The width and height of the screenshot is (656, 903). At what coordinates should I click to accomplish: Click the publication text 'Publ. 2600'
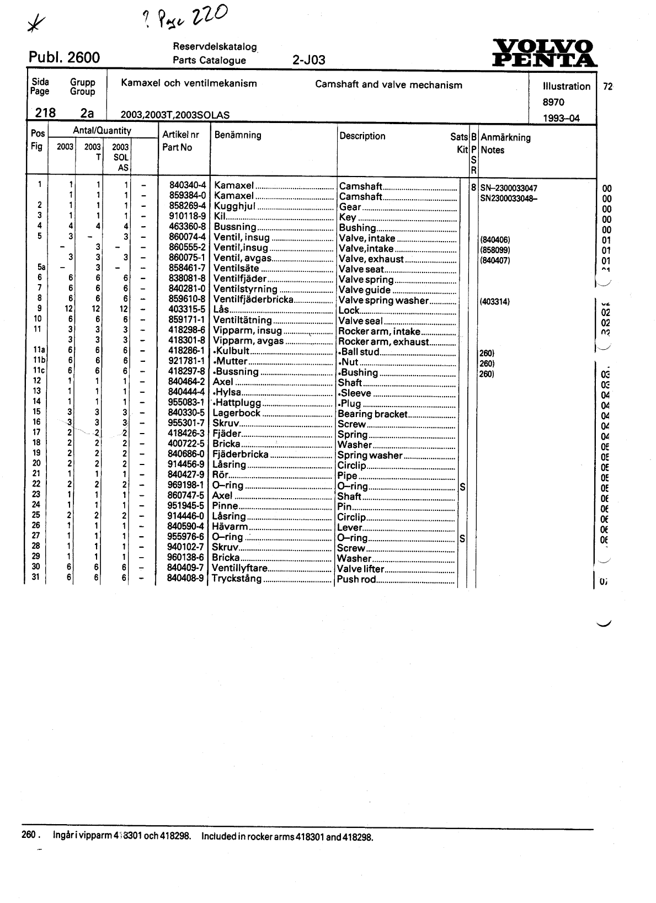pyautogui.click(x=64, y=57)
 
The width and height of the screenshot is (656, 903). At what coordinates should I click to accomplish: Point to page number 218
pyautogui.click(x=45, y=113)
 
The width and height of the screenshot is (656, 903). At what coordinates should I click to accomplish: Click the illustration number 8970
pyautogui.click(x=553, y=102)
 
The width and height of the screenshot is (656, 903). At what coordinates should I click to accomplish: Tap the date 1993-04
pyautogui.click(x=561, y=118)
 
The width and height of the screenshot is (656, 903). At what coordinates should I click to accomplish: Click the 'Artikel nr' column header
pyautogui.click(x=180, y=135)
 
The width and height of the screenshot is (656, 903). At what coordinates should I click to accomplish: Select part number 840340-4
pyautogui.click(x=188, y=186)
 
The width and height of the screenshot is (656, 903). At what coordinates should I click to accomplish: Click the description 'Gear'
pyautogui.click(x=350, y=207)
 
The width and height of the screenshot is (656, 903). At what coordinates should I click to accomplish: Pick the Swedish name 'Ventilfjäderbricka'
pyautogui.click(x=253, y=300)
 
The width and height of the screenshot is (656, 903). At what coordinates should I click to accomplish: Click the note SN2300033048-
pyautogui.click(x=508, y=198)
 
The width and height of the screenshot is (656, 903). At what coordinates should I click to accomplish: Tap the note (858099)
pyautogui.click(x=495, y=250)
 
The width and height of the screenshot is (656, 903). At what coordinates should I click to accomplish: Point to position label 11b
pyautogui.click(x=38, y=361)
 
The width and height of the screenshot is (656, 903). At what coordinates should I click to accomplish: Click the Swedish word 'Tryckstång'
pyautogui.click(x=237, y=579)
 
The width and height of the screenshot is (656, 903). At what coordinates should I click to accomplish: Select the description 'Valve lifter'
pyautogui.click(x=360, y=569)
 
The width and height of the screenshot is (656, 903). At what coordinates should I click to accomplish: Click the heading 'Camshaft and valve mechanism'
pyautogui.click(x=388, y=85)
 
